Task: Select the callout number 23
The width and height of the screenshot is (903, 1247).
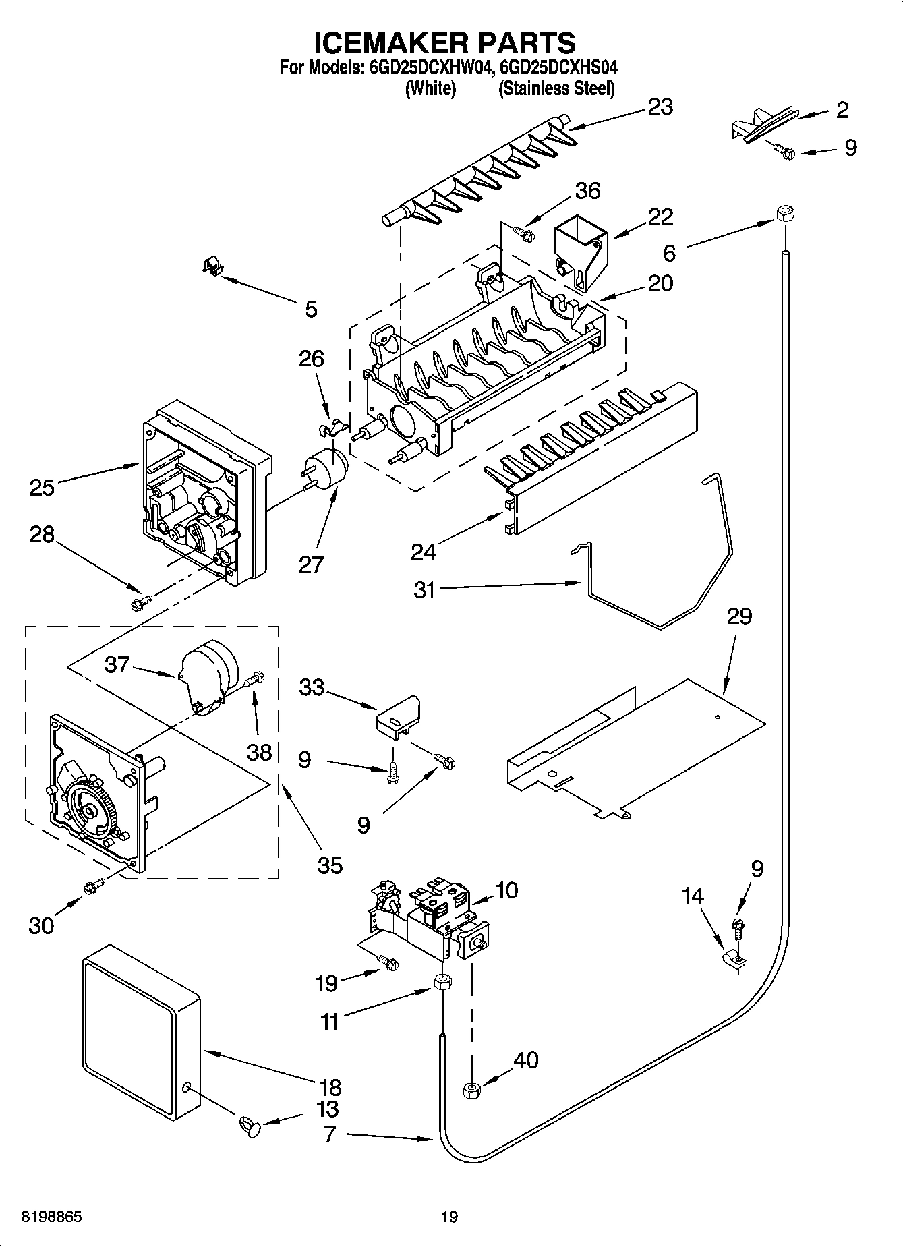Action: (660, 107)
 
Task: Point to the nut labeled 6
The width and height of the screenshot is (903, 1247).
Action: (784, 213)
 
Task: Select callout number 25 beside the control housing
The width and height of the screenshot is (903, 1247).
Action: (42, 487)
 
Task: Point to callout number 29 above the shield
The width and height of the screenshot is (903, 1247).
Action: (739, 616)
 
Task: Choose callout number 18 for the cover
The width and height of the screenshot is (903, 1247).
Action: (330, 1088)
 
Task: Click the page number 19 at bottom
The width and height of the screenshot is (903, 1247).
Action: (450, 1217)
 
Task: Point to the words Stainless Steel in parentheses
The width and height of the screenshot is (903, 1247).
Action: (556, 88)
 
